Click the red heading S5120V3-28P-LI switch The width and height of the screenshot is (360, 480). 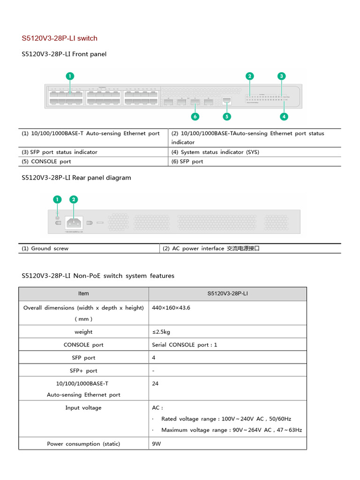pos(60,38)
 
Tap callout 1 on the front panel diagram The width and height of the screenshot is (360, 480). pos(69,76)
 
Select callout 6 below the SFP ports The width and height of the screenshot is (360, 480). pos(195,116)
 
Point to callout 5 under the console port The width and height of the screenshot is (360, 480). pos(227,116)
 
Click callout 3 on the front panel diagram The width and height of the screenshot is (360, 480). pos(281,76)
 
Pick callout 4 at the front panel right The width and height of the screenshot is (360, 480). pos(284,116)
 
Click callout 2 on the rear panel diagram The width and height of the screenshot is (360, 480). pos(74,200)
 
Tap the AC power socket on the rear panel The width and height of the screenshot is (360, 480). pos(74,222)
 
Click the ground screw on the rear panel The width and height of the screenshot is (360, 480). pos(57,217)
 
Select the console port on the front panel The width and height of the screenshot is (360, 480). pos(227,100)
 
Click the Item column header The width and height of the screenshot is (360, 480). pos(83,293)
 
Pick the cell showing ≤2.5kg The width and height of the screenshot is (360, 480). pos(161,332)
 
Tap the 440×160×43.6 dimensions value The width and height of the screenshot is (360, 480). pos(171,308)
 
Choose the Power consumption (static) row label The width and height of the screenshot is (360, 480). pos(83,443)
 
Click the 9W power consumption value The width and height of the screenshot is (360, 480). pos(157,443)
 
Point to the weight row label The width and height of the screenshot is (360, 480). pos(83,332)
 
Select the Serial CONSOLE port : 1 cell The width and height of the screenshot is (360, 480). pos(185,345)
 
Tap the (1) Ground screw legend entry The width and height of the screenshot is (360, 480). pos(45,248)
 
